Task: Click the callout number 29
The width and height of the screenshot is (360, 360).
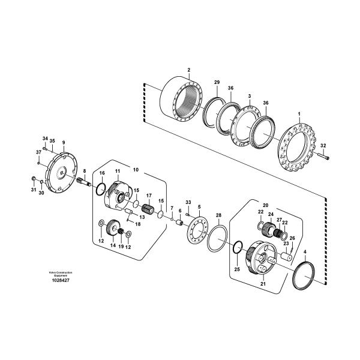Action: (217, 82)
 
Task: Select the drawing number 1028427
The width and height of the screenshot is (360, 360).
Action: (61, 280)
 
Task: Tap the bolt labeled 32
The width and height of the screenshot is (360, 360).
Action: (324, 155)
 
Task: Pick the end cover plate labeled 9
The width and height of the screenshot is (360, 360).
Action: (62, 172)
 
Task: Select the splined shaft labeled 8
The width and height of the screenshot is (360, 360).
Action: (83, 181)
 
